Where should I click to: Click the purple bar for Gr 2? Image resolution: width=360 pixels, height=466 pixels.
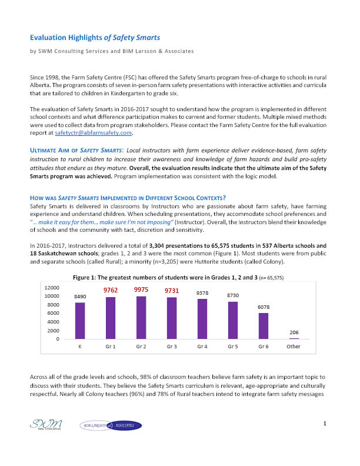coord(141,318)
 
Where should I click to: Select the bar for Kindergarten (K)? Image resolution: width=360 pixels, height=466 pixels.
coord(79,321)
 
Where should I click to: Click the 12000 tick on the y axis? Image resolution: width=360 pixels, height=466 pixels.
coord(51,287)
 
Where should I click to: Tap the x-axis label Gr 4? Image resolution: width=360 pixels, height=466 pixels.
coord(202,347)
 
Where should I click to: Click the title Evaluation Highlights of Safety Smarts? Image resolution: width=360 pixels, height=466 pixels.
coord(95,38)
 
